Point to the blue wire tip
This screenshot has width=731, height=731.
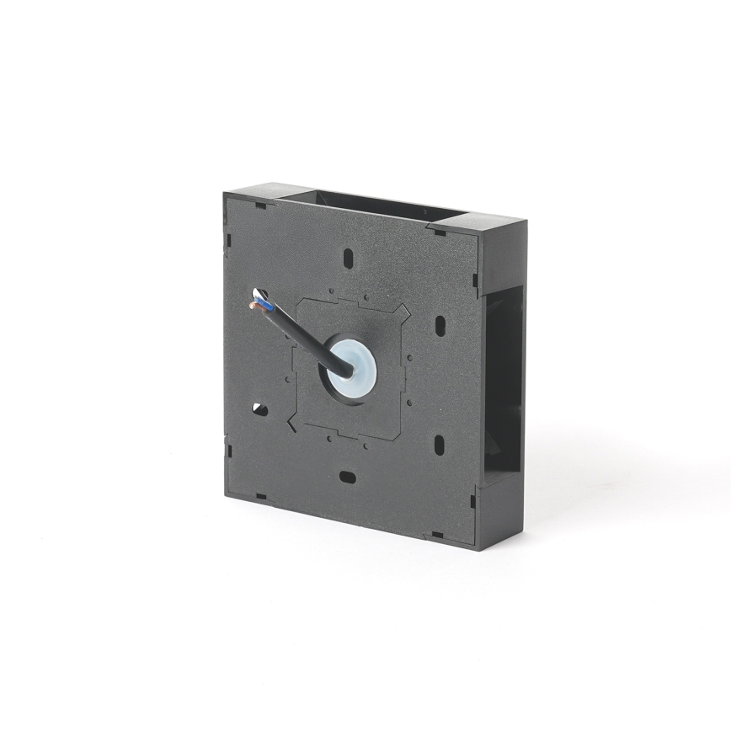coord(260,296)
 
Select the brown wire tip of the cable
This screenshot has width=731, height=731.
coord(253,307)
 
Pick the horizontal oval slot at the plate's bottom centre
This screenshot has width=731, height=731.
coord(347,477)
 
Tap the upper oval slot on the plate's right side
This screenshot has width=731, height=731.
coord(439,325)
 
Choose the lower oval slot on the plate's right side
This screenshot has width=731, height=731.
coord(437,444)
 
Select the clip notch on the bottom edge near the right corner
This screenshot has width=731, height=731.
coord(437,534)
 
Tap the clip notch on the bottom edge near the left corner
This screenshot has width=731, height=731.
coord(261,497)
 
